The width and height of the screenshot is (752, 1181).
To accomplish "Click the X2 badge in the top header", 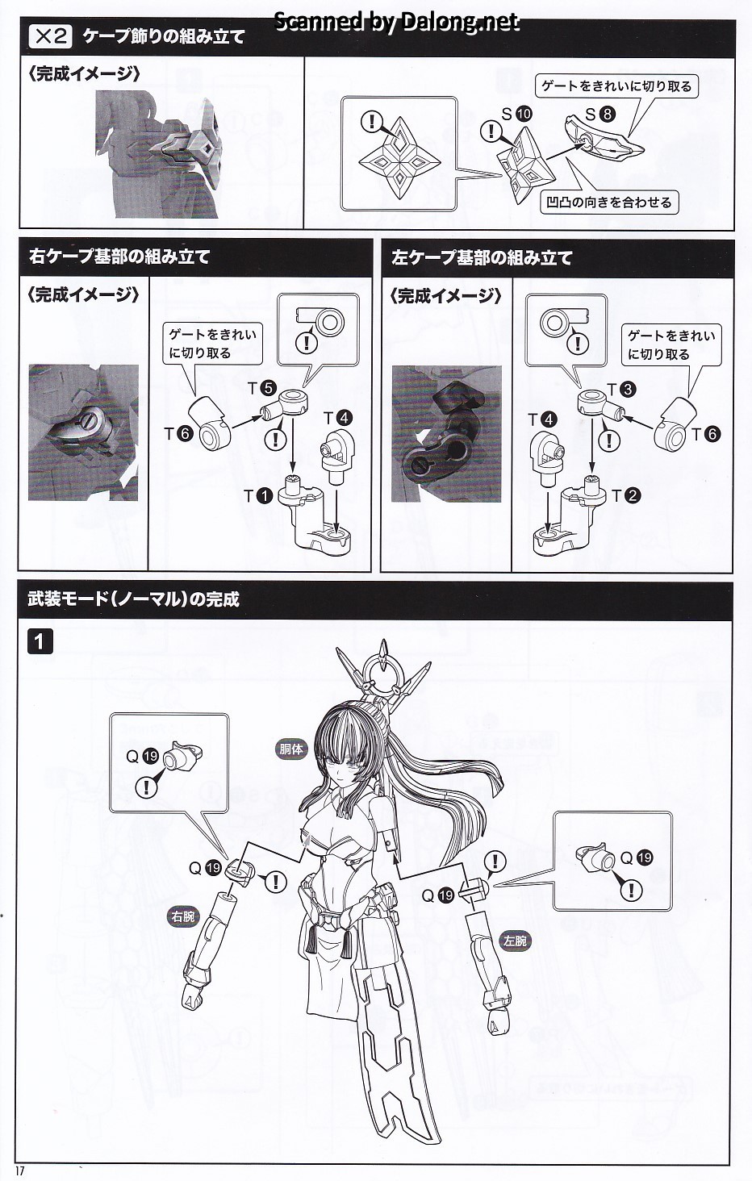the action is point(51,36).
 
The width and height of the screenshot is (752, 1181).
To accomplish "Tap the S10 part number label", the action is point(517,114).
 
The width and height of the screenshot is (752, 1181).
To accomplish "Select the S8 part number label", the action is point(600,114).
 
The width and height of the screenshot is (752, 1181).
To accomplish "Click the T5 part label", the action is point(262,389).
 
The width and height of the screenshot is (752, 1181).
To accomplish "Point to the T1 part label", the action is point(258,495).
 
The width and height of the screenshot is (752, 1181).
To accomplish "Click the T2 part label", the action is point(626,495).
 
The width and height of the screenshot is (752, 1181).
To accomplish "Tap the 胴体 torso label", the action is point(291,749).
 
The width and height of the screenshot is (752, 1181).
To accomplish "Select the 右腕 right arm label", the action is point(183,916).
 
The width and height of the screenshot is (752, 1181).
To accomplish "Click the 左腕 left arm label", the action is point(516,941).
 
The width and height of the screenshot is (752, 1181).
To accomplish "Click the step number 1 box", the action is point(40,641).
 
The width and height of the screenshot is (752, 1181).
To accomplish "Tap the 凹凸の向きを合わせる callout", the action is point(609,202).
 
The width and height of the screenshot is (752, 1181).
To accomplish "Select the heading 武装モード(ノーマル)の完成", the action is point(133,599).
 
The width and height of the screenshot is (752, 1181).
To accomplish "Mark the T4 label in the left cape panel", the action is point(542,419).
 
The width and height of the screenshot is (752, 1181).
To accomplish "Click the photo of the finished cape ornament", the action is point(157,154).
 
